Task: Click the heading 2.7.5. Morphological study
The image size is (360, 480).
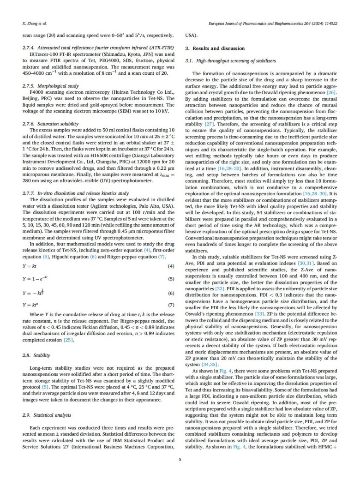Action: tap(48, 86)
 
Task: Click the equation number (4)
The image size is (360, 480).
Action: tap(170, 267)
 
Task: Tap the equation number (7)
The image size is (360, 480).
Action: tap(170, 305)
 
